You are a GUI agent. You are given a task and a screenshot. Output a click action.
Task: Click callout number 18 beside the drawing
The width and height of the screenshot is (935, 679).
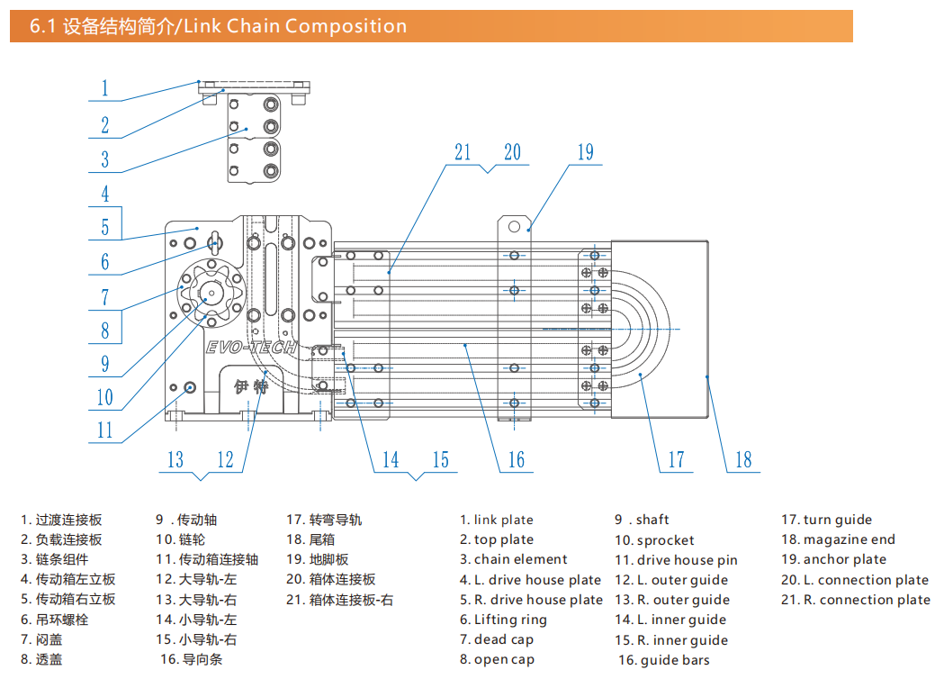[743, 460]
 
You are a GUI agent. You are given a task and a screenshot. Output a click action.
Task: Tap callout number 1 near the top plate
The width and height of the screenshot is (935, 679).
[104, 88]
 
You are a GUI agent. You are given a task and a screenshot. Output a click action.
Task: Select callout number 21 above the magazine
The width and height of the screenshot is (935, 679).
[463, 152]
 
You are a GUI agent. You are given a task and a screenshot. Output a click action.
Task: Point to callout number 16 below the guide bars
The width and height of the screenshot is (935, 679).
[516, 460]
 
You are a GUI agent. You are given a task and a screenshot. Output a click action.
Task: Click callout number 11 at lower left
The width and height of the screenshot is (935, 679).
[105, 430]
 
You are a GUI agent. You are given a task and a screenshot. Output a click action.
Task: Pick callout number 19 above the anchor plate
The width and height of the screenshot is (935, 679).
[586, 152]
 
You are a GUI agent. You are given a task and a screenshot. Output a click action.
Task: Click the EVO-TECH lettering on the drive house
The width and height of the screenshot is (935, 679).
[251, 348]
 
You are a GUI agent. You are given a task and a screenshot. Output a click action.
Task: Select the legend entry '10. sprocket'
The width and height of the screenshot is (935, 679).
[654, 540]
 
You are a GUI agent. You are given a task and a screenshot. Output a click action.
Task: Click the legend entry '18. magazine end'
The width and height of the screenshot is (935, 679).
[838, 539]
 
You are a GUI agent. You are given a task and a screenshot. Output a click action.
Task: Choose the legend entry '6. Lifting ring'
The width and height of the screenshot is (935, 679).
[503, 620]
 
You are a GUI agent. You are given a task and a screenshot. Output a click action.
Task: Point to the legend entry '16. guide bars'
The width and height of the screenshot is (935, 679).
[663, 660]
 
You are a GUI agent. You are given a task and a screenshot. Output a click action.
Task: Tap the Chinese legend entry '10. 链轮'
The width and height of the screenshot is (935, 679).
[180, 539]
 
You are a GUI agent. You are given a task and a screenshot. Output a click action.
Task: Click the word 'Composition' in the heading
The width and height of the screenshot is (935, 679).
[346, 26]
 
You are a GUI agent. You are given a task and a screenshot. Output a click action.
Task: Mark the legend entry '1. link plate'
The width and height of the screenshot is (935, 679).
[497, 520]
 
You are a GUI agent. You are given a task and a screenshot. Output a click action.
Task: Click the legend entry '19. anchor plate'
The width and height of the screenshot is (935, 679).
[833, 559]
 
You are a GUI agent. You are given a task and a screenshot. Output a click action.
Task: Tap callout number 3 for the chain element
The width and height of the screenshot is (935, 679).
[104, 159]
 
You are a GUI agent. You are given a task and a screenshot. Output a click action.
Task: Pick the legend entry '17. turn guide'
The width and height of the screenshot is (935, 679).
[826, 520]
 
